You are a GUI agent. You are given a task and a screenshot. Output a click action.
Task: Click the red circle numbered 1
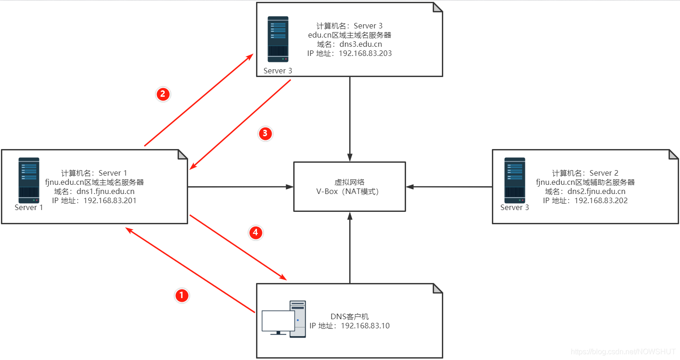[182, 295]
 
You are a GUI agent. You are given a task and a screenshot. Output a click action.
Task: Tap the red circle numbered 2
[163, 94]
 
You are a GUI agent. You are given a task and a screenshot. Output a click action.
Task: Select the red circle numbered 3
[265, 133]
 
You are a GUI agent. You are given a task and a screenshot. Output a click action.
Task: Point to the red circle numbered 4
[256, 233]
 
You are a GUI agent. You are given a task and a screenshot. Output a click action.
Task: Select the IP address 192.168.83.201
[110, 200]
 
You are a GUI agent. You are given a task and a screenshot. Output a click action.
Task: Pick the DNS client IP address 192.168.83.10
[365, 326]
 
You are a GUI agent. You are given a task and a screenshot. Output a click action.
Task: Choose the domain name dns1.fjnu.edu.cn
[107, 191]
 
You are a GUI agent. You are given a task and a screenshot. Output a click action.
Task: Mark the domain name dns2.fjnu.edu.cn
[598, 191]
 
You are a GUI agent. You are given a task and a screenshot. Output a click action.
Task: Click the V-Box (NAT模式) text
[350, 192]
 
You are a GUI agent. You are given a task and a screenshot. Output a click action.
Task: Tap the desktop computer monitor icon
[278, 321]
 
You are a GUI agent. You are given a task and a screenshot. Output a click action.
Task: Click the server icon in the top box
[278, 39]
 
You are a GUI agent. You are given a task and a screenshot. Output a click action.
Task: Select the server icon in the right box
[514, 180]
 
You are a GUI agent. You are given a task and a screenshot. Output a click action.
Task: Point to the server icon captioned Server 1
[29, 180]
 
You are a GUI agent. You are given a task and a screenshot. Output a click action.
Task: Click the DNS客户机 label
[350, 316]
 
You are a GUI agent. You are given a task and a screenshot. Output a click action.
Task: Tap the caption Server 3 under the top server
[278, 71]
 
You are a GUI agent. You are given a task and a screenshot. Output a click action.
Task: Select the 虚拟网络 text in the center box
[350, 182]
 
